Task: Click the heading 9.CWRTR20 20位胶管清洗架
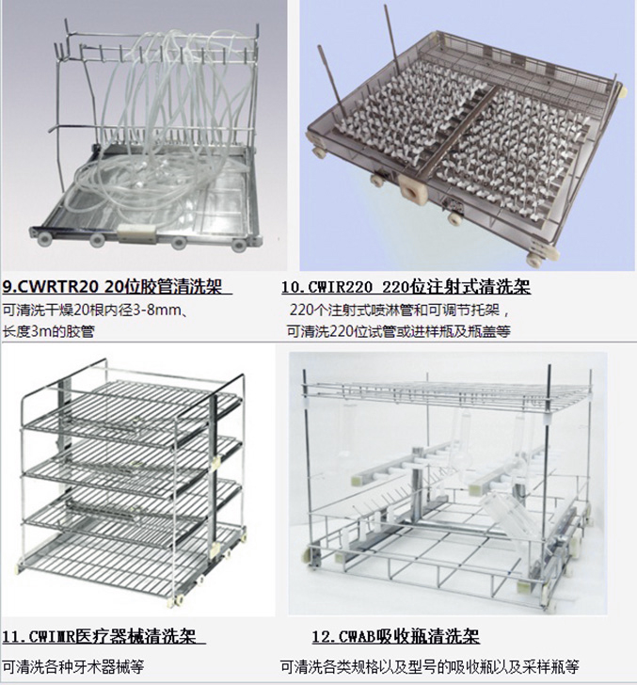[118, 288]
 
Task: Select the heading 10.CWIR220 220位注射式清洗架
[406, 288]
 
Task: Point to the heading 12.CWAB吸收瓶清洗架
[395, 637]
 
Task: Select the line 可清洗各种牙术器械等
[73, 667]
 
